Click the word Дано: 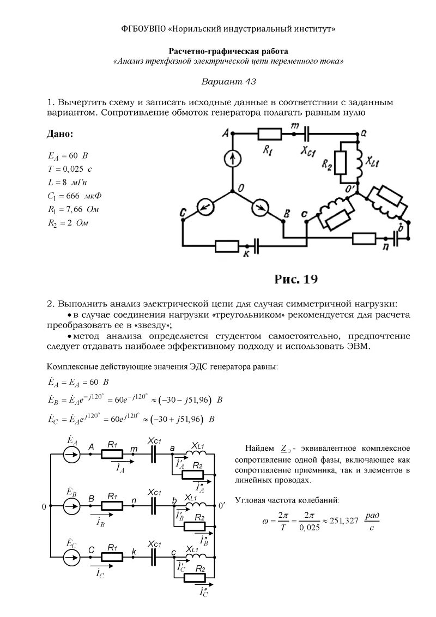point(63,134)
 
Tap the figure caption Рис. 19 point(296,279)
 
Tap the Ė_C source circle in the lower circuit point(72,557)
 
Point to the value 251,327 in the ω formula point(343,521)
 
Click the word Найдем point(260,448)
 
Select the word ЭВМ point(358,346)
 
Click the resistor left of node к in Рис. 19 point(227,246)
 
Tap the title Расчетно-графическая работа point(228,51)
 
